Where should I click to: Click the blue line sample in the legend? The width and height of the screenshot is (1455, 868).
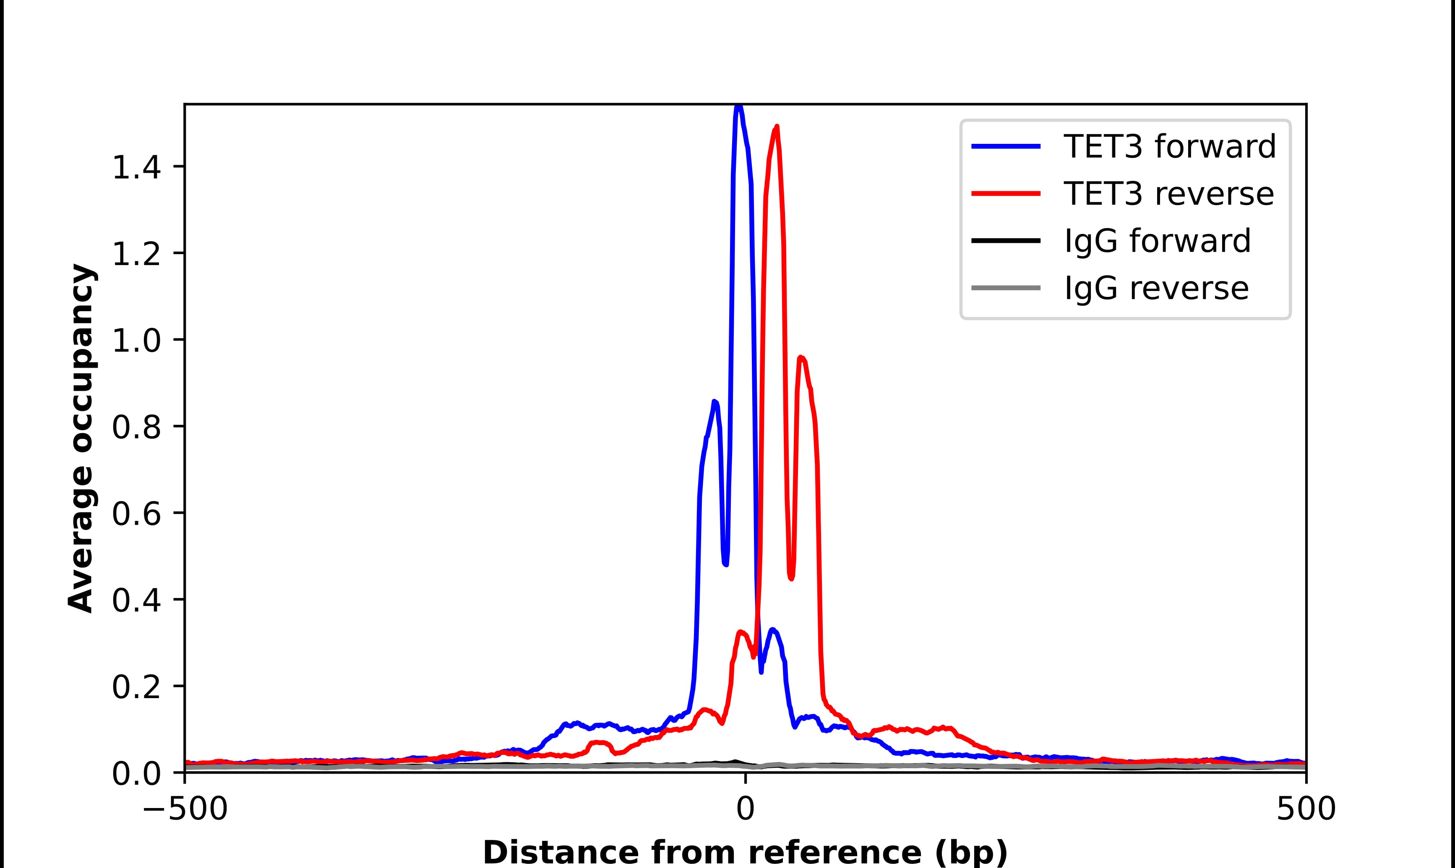pos(1006,146)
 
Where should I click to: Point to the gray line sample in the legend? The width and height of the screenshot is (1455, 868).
pos(1006,288)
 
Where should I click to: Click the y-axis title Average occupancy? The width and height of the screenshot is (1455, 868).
pos(81,439)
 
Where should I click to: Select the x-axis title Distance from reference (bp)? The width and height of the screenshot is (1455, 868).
pos(745,852)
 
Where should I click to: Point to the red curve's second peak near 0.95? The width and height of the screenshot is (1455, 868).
pos(801,357)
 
